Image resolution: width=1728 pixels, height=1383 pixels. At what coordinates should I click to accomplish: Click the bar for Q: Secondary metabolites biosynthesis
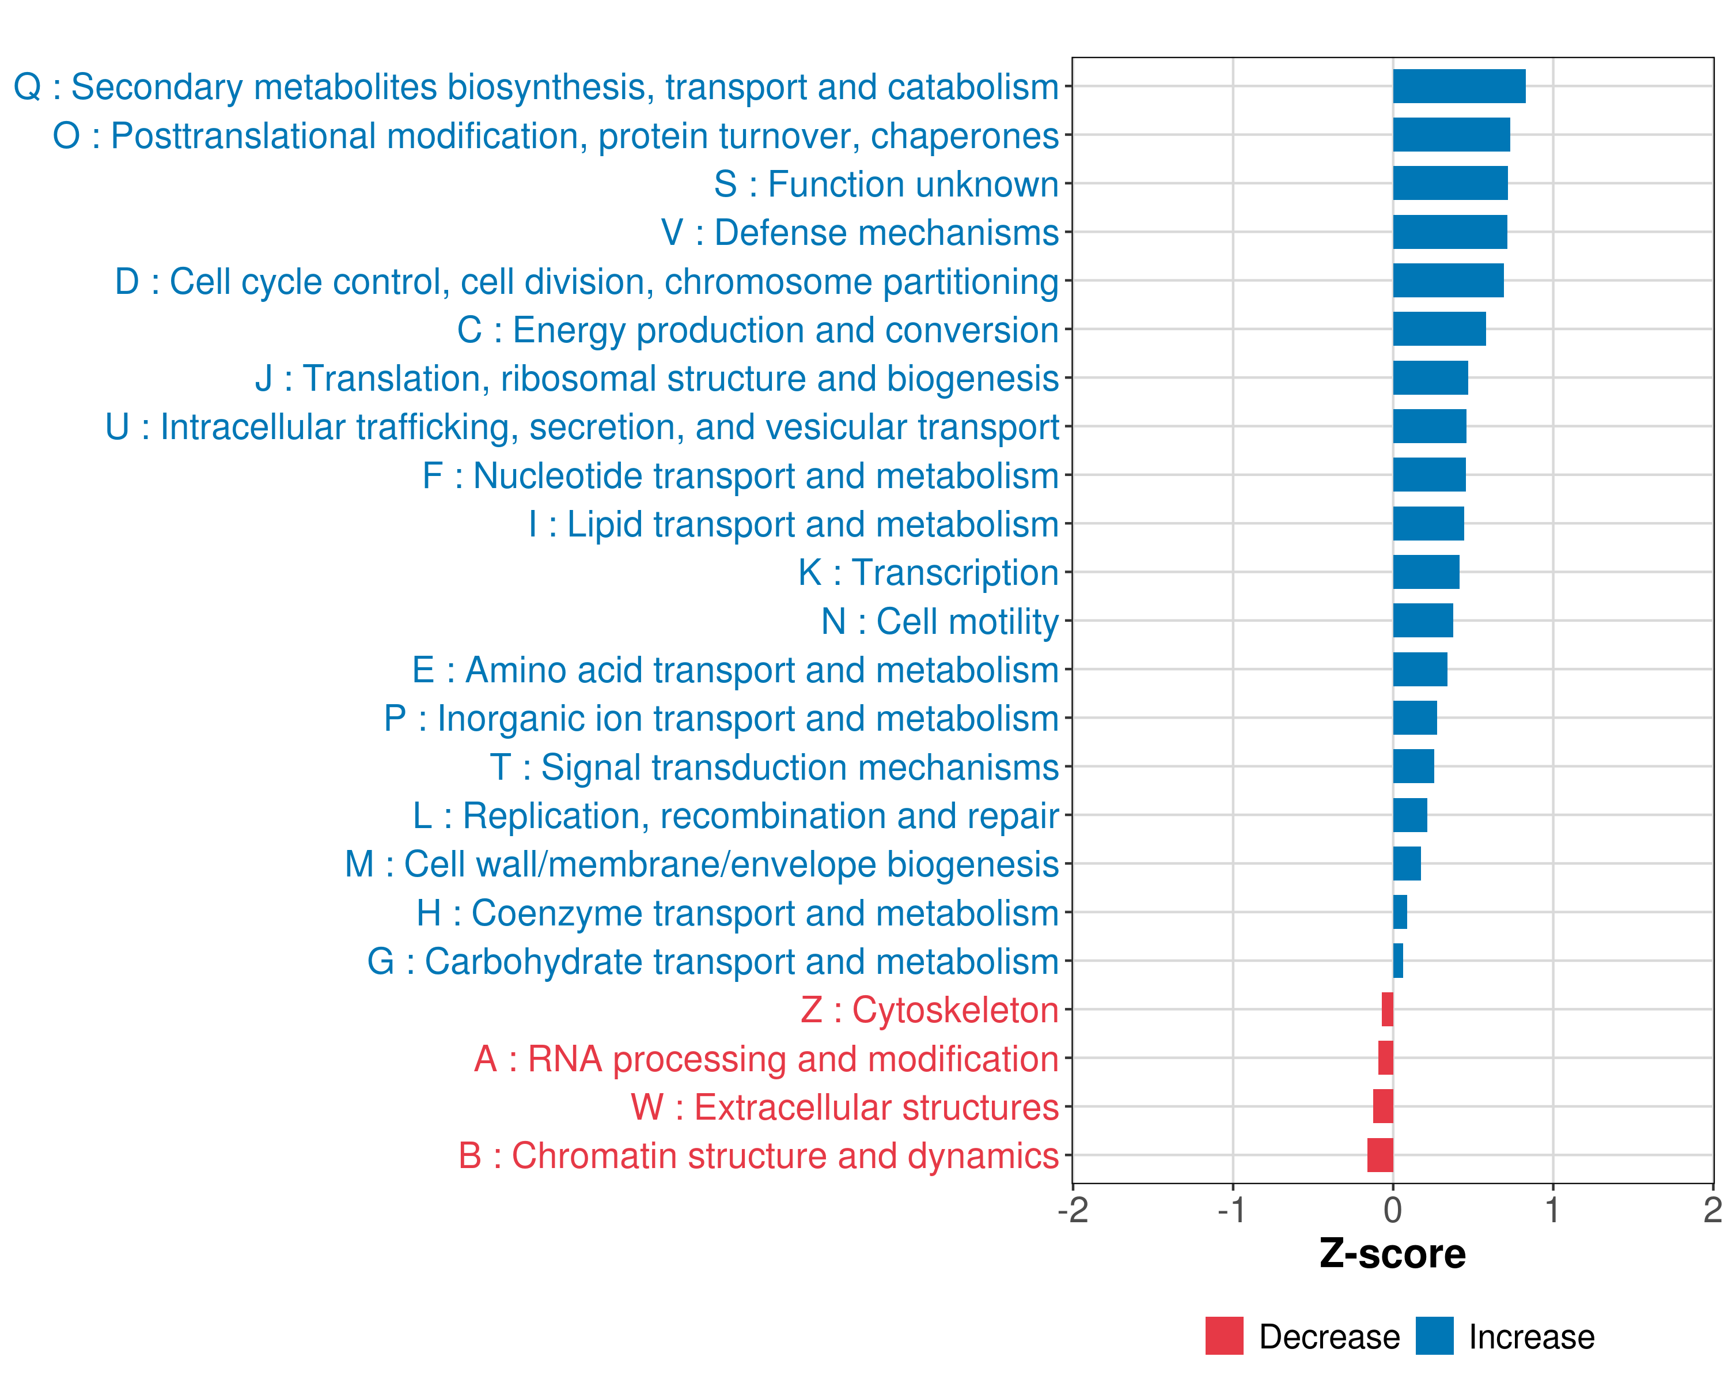pyautogui.click(x=1458, y=86)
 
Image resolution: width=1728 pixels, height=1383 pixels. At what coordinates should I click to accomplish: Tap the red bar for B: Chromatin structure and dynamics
pyautogui.click(x=1380, y=1155)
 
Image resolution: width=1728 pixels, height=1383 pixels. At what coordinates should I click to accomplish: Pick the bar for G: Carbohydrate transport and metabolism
pyautogui.click(x=1398, y=961)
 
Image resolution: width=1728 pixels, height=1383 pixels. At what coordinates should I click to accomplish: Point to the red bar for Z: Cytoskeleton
pyautogui.click(x=1388, y=1010)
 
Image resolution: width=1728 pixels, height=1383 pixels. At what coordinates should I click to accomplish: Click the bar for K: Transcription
pyautogui.click(x=1426, y=572)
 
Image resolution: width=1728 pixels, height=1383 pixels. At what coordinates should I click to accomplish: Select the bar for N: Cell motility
pyautogui.click(x=1423, y=621)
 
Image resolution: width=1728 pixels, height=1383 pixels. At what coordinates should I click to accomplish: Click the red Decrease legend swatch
pyautogui.click(x=1224, y=1336)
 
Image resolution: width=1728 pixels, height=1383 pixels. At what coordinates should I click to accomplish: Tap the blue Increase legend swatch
pyautogui.click(x=1434, y=1336)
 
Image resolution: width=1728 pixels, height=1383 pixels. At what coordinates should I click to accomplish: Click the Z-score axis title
pyautogui.click(x=1392, y=1254)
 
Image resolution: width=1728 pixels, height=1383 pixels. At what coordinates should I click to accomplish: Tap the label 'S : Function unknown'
pyautogui.click(x=886, y=184)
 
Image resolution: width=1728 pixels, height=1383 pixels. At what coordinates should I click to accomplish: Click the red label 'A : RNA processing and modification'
pyautogui.click(x=766, y=1059)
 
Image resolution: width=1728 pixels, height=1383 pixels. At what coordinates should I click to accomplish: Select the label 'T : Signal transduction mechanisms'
pyautogui.click(x=774, y=767)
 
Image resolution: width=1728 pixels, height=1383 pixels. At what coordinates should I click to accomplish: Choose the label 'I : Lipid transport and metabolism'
pyautogui.click(x=794, y=524)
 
